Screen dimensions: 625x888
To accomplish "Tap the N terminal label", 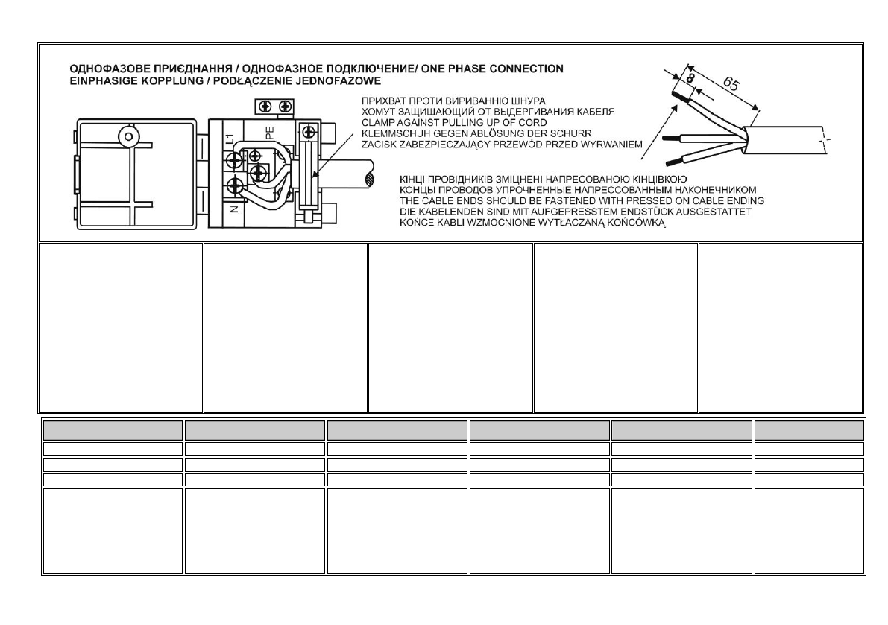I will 233,210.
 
